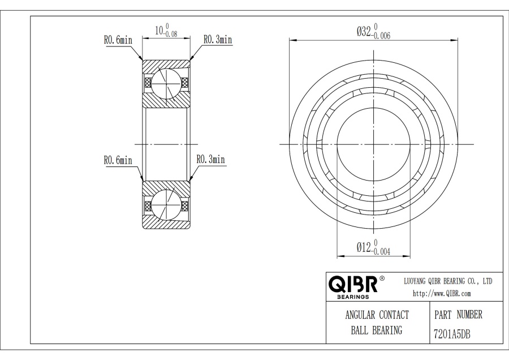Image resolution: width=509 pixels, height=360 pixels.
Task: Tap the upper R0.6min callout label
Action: coord(118,40)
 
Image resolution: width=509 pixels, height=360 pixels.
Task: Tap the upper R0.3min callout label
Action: coord(218,39)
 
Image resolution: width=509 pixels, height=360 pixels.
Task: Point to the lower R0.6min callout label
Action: coord(118,160)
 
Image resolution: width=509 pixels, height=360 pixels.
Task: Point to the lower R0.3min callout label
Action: coord(211,159)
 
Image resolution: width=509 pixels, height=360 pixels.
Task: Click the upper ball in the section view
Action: coord(166,83)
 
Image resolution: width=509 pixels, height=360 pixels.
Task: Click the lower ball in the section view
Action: coord(166,205)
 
